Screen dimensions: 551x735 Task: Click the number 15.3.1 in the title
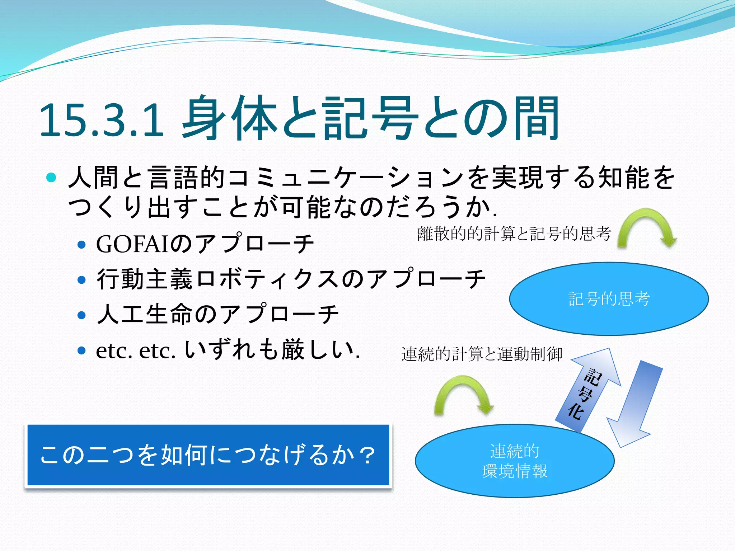[x=102, y=120]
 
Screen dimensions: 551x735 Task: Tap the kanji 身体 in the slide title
[x=230, y=118]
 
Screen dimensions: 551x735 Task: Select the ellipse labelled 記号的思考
[x=609, y=316]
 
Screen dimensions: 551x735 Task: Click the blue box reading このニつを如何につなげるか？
[x=208, y=455]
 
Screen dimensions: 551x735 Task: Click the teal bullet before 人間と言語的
[x=51, y=177]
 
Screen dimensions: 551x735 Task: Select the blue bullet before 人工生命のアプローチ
[x=82, y=315]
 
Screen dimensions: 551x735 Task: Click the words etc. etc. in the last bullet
[x=136, y=350]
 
